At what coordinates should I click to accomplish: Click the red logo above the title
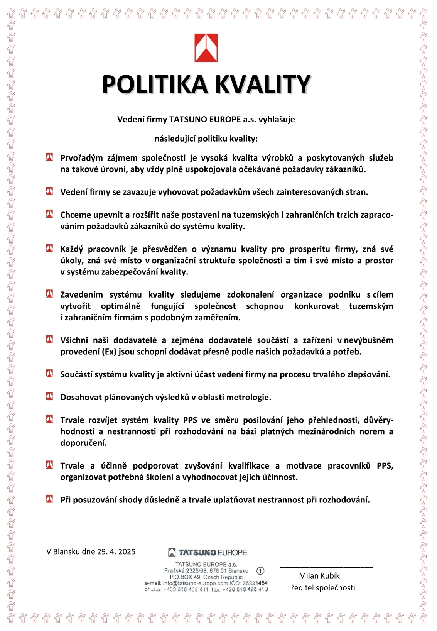tap(206, 48)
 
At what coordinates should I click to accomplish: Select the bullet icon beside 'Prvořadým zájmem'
tap(50, 157)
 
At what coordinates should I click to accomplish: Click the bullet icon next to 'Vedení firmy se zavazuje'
tap(50, 191)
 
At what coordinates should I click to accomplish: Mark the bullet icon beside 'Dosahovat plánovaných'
tap(50, 396)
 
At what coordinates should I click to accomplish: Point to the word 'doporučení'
tap(83, 443)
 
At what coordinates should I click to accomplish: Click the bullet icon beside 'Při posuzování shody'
tap(50, 499)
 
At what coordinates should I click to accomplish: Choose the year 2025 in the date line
tap(127, 552)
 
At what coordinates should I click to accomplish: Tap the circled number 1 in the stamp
tap(260, 571)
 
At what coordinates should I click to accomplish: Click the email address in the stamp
tap(196, 583)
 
